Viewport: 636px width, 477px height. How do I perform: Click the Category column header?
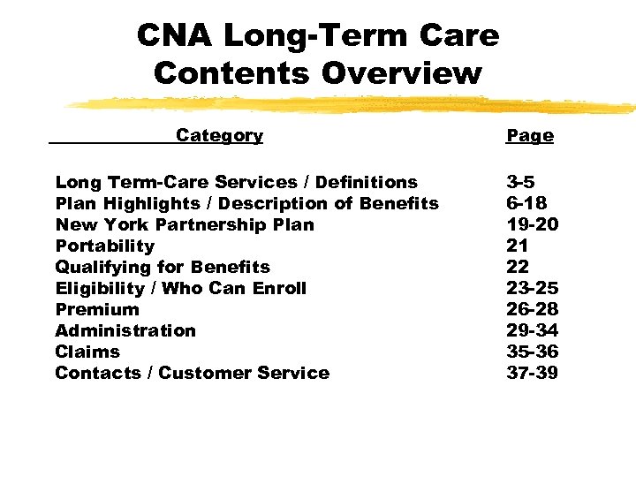219,135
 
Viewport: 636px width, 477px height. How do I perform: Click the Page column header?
530,136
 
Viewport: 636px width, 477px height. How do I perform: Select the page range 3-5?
520,182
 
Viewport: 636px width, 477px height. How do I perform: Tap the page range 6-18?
526,203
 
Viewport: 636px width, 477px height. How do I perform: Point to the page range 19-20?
532,224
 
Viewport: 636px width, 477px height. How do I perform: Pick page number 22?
517,267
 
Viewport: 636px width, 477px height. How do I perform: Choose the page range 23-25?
532,288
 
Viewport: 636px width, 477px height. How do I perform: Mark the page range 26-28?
532,309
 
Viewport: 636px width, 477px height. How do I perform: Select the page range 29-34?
532,330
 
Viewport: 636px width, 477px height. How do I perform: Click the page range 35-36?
532,352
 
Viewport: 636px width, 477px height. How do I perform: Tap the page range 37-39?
532,373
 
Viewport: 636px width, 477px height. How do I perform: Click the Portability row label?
104,246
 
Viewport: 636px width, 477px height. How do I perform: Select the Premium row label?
97,309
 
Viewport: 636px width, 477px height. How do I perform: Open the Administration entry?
125,330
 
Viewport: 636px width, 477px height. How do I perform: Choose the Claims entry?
87,352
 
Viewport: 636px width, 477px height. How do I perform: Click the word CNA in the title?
175,36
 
